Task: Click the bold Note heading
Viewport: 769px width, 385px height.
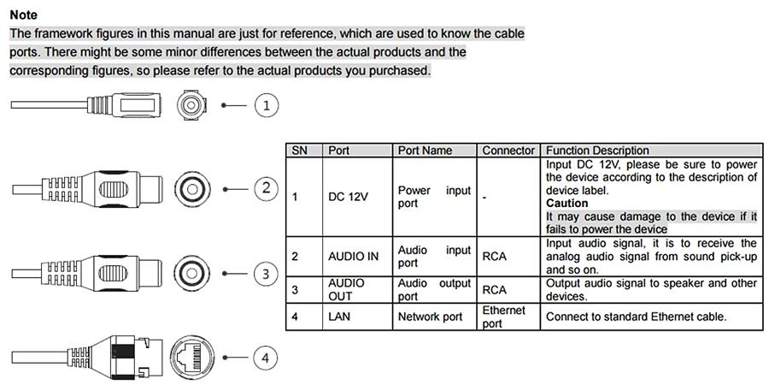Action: click(24, 15)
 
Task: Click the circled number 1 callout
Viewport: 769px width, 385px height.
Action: click(267, 105)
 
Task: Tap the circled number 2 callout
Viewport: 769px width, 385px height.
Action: click(267, 188)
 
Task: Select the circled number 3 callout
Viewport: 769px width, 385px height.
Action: click(267, 274)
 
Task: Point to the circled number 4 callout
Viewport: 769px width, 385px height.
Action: click(266, 358)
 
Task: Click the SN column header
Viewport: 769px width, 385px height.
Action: click(300, 151)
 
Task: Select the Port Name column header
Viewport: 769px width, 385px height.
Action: click(425, 151)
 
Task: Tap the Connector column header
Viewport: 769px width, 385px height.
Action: click(508, 151)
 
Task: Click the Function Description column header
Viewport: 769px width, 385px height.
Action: click(597, 151)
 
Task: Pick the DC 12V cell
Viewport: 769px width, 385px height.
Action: click(348, 197)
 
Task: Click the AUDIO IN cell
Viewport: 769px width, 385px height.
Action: click(354, 257)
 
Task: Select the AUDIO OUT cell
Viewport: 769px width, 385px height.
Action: click(347, 290)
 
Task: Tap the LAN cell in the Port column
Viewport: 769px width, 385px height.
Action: click(339, 317)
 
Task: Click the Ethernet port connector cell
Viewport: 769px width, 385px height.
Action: click(503, 317)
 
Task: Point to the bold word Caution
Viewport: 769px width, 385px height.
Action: click(567, 204)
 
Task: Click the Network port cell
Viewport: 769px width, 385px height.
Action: click(430, 317)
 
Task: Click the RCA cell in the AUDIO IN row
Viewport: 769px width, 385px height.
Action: click(495, 257)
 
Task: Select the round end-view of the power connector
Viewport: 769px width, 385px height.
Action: click(191, 105)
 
